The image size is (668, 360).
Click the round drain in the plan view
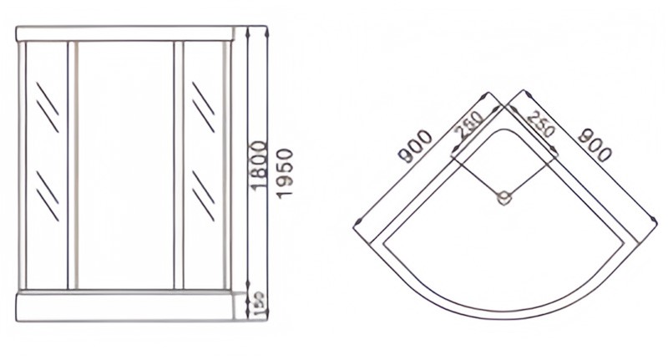tap(503, 198)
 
